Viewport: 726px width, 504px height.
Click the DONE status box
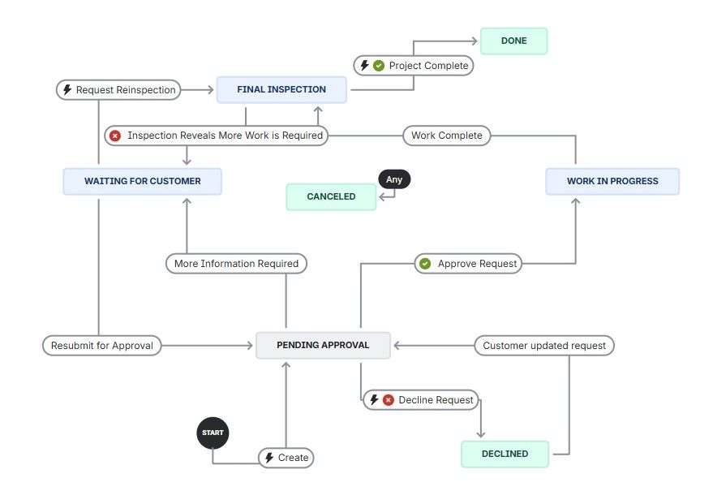[513, 41]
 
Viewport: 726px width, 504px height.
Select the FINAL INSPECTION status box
[281, 89]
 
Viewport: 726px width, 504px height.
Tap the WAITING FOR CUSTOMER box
[142, 181]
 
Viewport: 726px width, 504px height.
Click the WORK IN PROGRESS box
[612, 181]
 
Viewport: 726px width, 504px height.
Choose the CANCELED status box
[331, 196]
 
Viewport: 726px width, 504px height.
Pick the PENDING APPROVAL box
[323, 345]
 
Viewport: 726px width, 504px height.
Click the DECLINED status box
[505, 454]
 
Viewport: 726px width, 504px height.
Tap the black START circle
[213, 433]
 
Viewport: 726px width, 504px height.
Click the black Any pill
[394, 179]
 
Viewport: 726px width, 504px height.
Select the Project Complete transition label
[413, 65]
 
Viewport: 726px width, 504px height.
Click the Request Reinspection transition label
[118, 89]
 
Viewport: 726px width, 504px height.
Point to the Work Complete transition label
[446, 136]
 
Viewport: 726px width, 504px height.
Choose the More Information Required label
[236, 263]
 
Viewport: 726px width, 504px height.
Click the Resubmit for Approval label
[101, 345]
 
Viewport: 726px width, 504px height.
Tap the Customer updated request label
[543, 345]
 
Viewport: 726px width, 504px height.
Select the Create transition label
[286, 458]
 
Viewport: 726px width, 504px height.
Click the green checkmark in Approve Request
[424, 263]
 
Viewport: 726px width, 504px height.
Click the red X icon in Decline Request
[389, 400]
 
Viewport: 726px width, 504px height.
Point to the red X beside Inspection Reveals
[116, 136]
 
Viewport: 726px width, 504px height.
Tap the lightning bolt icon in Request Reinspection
[67, 89]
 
